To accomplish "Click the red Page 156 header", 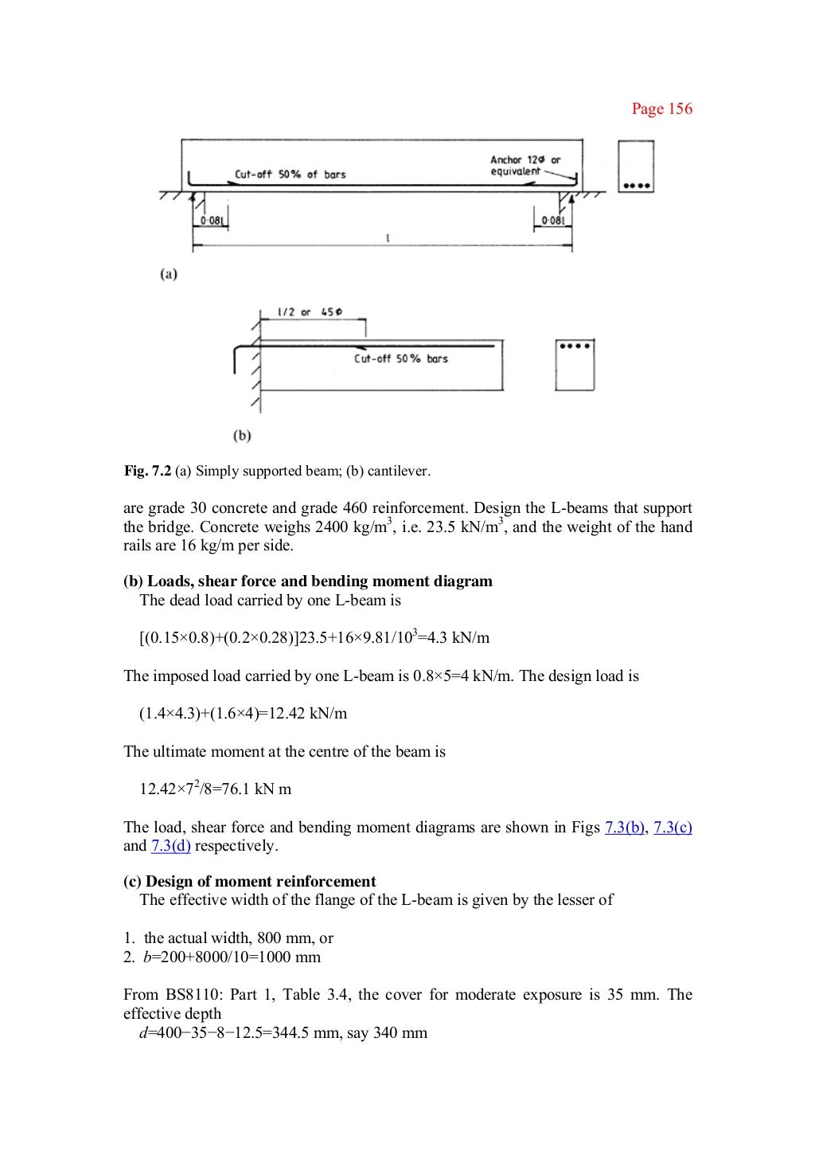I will [661, 109].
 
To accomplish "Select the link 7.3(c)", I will [673, 827].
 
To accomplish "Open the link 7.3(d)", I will [170, 846].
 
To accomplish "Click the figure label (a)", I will [169, 274].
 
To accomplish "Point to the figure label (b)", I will [242, 436].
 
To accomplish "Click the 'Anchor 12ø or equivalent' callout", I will [524, 166].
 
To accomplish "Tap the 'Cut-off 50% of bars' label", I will [290, 174].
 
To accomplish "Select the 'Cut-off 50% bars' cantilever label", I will [400, 359].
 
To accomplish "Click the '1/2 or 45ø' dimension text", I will [310, 312].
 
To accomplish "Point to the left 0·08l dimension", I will [210, 220].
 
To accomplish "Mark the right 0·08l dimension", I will [552, 220].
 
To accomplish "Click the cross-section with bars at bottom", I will [636, 166].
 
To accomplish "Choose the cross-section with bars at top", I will [575, 365].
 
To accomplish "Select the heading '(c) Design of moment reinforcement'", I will [249, 881].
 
